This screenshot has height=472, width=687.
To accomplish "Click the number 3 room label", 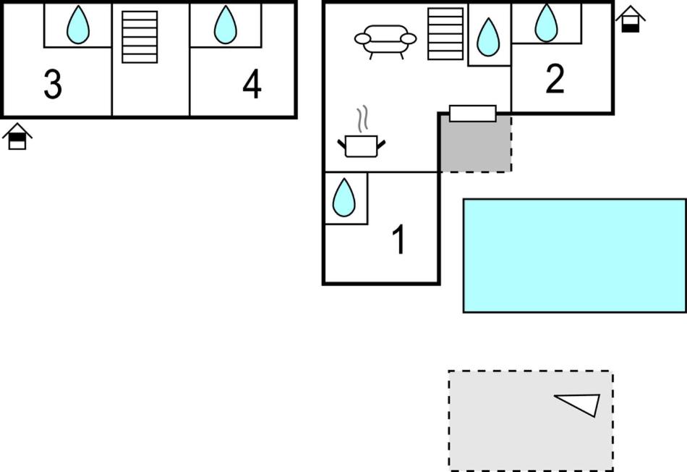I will coord(52,85).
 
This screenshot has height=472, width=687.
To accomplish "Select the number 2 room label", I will coord(555,80).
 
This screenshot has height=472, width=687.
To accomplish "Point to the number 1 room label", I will coord(398,240).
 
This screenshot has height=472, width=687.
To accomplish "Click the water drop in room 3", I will coord(77,25).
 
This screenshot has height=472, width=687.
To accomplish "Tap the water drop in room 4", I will coord(226,25).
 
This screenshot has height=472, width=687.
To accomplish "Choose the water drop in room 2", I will coord(546,23).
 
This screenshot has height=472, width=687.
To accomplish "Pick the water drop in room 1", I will coord(344,197).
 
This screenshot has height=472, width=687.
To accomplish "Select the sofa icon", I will coord(385,41).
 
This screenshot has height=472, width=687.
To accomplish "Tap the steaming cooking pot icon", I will coord(361,144).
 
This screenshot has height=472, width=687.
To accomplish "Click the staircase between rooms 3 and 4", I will coord(140,36).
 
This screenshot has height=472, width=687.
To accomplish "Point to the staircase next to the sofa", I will coord(445,33).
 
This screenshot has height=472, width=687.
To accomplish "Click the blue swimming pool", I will coord(574,255).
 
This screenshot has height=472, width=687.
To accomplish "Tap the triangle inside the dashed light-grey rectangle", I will coord(581,404).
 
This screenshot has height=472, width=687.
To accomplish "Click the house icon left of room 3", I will coord(17,136).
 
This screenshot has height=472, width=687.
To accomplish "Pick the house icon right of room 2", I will coord(631,19).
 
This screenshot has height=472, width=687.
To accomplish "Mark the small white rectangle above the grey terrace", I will coord(472,113).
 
